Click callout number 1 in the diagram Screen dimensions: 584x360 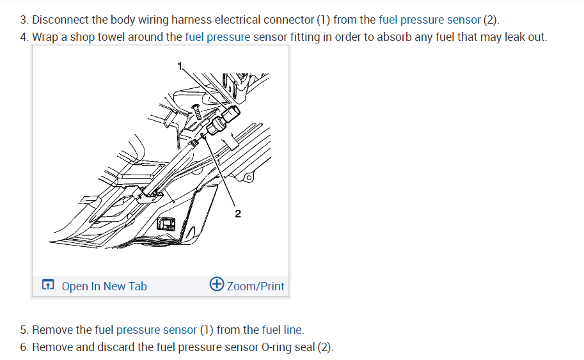(x=180, y=65)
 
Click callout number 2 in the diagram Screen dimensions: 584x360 (x=237, y=214)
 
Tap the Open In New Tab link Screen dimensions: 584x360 (x=104, y=286)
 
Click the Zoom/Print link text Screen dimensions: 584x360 (x=255, y=286)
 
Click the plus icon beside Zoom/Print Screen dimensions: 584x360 (x=217, y=285)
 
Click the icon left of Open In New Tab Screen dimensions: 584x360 (x=48, y=286)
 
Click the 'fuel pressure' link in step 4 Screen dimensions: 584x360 (x=217, y=37)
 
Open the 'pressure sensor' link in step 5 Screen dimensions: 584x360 (x=157, y=330)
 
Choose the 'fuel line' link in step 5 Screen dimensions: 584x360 (x=282, y=330)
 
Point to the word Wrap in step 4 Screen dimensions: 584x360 (x=45, y=37)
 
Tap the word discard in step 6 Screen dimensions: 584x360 (x=116, y=347)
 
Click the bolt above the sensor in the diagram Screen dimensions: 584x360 (x=198, y=113)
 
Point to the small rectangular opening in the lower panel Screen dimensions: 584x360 (x=166, y=224)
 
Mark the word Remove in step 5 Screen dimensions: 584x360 (x=52, y=330)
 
